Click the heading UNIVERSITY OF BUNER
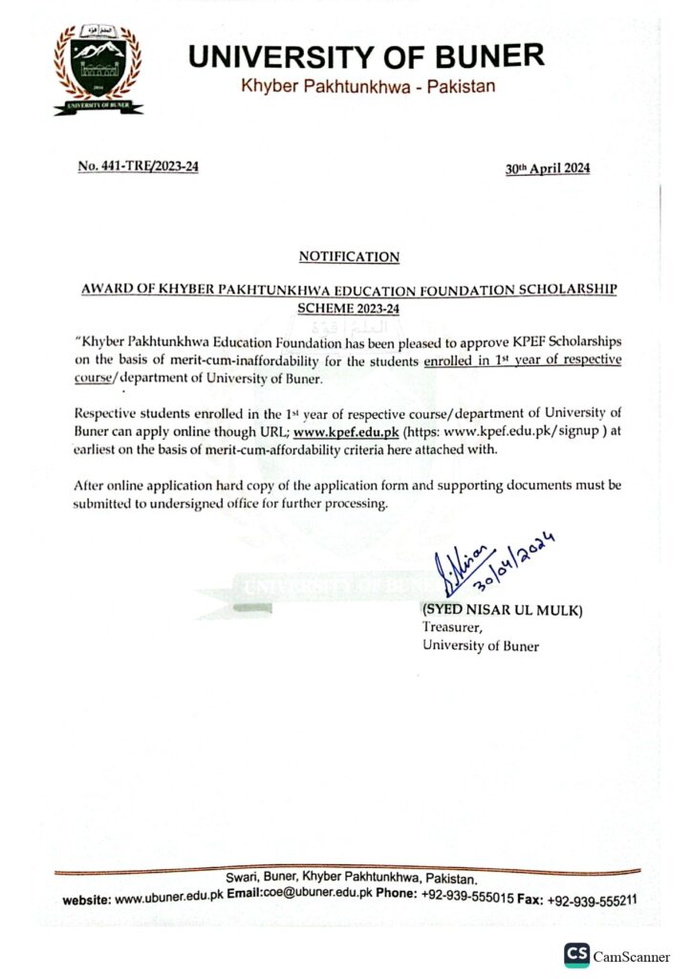click(x=367, y=56)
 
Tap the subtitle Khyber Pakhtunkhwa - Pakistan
click(x=368, y=87)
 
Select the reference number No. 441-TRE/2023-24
click(x=139, y=167)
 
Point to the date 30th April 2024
click(x=548, y=169)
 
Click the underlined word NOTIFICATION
click(x=349, y=256)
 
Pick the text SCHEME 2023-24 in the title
click(x=349, y=309)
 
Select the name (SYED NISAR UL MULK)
click(x=502, y=611)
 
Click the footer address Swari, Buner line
click(x=350, y=879)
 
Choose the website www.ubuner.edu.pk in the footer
click(x=169, y=899)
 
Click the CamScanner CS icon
click(x=575, y=954)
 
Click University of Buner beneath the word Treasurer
click(x=481, y=645)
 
